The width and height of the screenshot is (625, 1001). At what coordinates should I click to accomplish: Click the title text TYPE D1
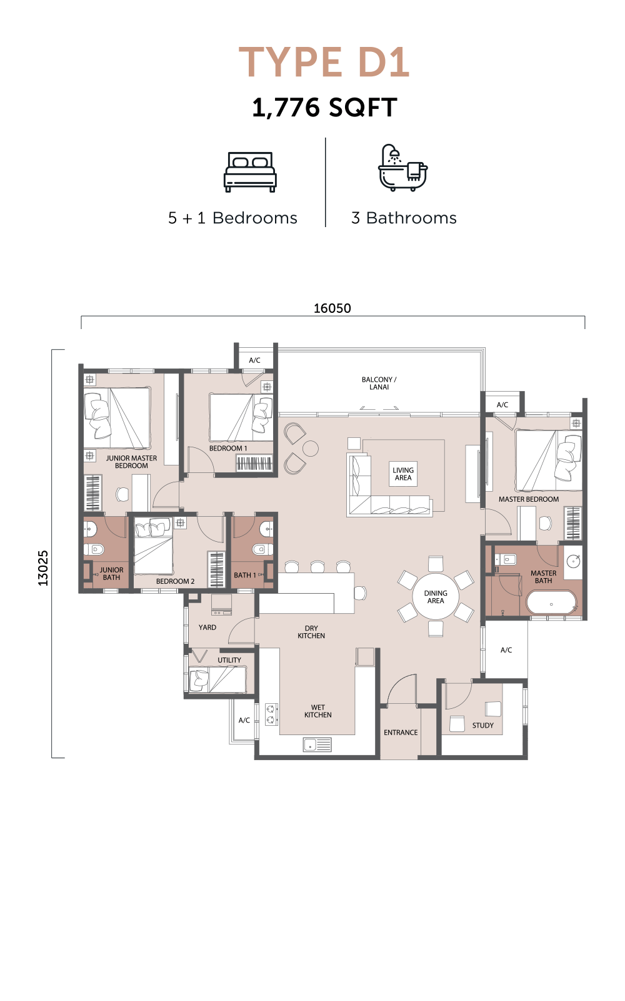point(324,62)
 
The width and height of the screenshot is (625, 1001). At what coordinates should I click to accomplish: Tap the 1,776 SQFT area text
point(324,108)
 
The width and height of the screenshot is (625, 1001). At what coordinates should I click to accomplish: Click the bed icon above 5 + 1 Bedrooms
point(250,172)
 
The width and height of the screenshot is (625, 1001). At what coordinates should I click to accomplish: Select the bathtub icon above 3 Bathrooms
point(403,168)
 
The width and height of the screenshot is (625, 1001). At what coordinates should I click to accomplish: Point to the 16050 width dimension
point(332,308)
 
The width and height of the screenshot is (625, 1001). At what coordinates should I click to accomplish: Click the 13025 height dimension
point(43,568)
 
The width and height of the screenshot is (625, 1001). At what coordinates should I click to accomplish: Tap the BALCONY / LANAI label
point(379,384)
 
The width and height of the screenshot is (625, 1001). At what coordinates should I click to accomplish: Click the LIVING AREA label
point(403,474)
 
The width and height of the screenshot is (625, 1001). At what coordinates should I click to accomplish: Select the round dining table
point(436,597)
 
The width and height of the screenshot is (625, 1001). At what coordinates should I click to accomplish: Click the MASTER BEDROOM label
point(529,499)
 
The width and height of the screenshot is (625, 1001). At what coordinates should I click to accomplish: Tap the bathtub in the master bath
point(551,603)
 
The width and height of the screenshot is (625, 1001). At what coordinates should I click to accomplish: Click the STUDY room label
point(483,725)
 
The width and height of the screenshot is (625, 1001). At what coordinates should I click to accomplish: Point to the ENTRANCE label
point(401,733)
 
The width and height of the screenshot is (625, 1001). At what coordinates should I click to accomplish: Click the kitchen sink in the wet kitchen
point(317,744)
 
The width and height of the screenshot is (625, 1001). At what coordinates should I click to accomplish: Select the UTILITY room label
point(229,660)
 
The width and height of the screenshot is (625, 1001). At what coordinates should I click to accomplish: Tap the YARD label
point(207,628)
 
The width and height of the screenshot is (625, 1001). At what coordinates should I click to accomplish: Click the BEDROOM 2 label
point(175,581)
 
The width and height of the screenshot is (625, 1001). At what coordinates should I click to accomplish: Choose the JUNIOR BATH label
point(111,573)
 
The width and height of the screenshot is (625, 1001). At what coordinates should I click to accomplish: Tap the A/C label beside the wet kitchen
point(244,720)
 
